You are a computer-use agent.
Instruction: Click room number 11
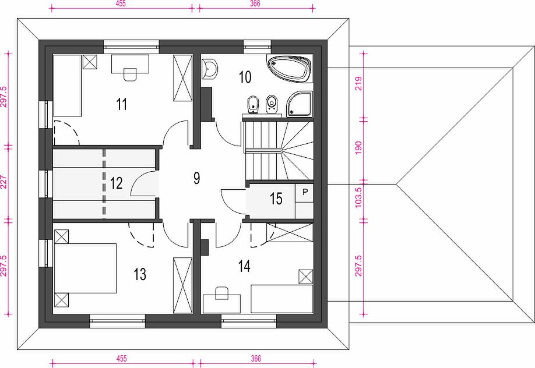122,104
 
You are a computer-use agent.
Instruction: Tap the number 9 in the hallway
197,178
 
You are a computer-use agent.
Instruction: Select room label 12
117,183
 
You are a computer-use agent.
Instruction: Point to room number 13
140,274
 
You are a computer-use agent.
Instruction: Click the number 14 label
244,266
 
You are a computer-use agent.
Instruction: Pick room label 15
276,199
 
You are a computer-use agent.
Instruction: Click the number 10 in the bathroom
245,77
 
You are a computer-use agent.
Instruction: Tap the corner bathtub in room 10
289,69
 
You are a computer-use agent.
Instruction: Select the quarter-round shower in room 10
300,104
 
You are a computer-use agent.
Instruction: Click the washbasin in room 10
210,69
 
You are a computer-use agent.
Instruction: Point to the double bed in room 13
85,268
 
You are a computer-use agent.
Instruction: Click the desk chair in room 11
130,75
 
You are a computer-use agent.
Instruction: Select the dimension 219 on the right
358,84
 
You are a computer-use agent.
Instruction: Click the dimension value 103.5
358,197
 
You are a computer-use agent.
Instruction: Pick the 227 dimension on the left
3,182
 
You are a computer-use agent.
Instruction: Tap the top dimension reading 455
121,3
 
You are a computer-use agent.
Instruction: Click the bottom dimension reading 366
256,359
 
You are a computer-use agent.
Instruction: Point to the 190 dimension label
358,148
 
